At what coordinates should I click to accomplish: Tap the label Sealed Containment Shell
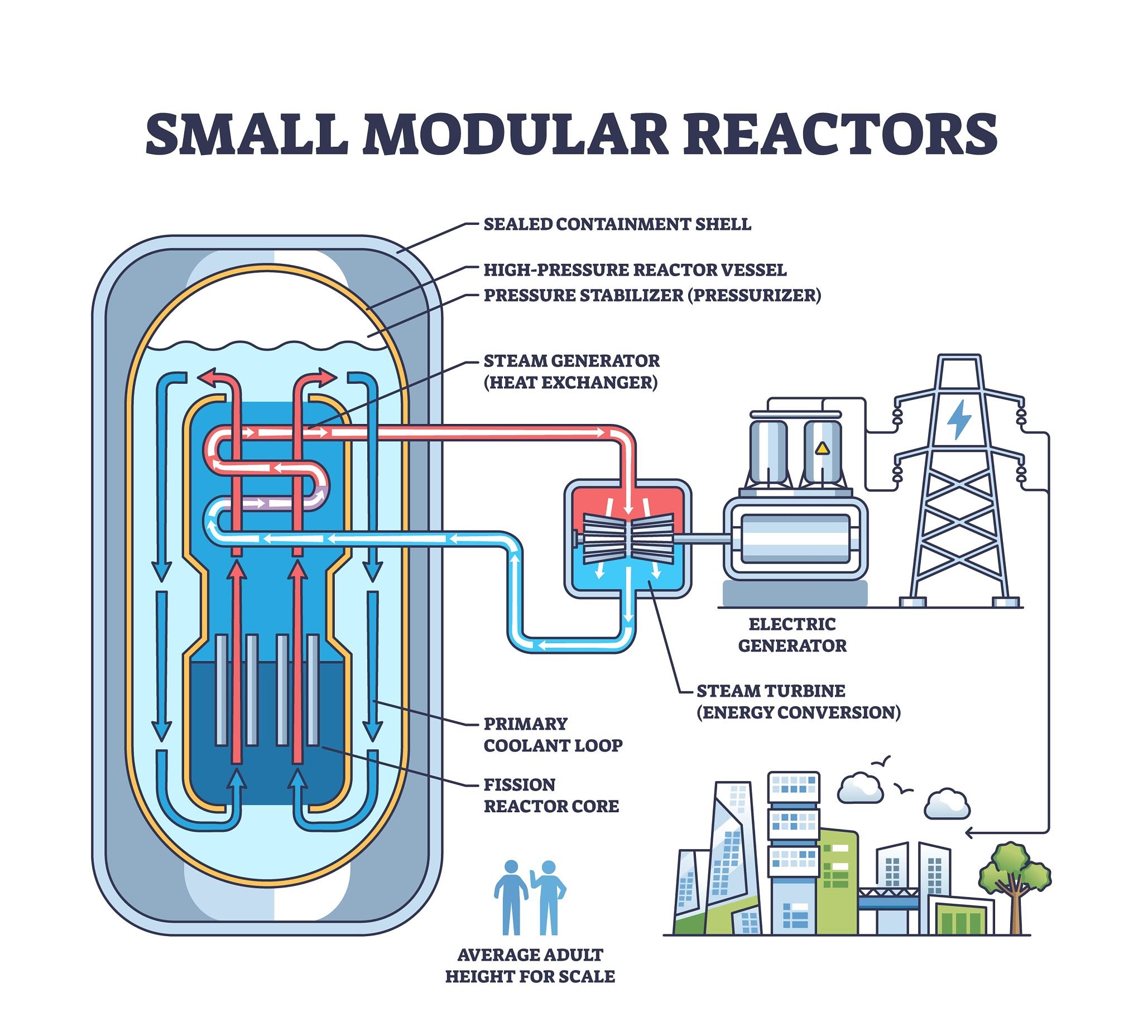[x=617, y=224]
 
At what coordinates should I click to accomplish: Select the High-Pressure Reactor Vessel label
[x=635, y=270]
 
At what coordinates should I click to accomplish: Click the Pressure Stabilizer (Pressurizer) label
[x=652, y=295]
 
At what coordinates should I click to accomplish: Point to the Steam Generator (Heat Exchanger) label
[x=571, y=371]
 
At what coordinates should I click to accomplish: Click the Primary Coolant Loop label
[x=553, y=734]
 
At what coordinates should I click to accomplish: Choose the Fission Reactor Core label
[x=550, y=795]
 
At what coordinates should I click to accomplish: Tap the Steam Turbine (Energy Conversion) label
[x=798, y=701]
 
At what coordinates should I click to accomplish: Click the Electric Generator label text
[x=791, y=634]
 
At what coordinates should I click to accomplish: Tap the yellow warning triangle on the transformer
[x=822, y=448]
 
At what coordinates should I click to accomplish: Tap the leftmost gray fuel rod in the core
[x=222, y=690]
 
